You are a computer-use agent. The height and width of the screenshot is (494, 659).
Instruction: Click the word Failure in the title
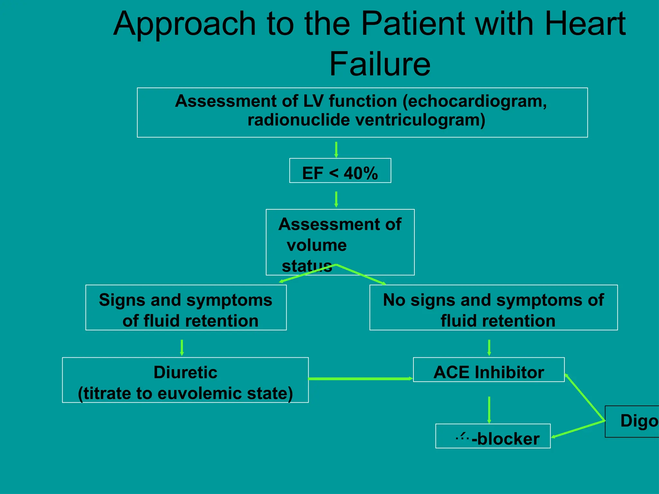pyautogui.click(x=380, y=64)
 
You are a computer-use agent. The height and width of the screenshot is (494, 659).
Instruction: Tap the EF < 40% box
pyautogui.click(x=340, y=171)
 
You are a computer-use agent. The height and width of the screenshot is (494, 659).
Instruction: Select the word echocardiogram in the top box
pyautogui.click(x=475, y=101)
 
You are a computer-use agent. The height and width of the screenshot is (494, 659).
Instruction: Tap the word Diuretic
pyautogui.click(x=185, y=372)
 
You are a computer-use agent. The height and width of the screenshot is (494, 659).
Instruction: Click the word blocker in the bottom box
pyautogui.click(x=508, y=439)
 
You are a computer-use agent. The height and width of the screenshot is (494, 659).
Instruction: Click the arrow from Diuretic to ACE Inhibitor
pyautogui.click(x=360, y=379)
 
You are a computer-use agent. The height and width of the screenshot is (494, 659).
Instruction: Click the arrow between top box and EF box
pyautogui.click(x=336, y=150)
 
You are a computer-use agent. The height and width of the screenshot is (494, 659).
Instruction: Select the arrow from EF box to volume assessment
pyautogui.click(x=336, y=199)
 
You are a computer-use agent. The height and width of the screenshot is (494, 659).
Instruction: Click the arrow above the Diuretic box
pyautogui.click(x=182, y=347)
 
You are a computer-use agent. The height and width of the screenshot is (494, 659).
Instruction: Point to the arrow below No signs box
pyautogui.click(x=489, y=347)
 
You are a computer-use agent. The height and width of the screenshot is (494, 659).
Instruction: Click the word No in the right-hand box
pyautogui.click(x=394, y=300)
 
